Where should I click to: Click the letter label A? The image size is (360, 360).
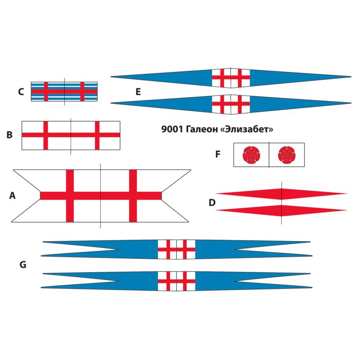tap(12, 195)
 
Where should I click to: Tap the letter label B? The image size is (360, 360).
tap(9, 134)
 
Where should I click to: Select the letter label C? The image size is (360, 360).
tap(21, 92)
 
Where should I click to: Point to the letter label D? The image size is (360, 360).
tap(212, 203)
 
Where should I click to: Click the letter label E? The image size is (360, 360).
tap(138, 92)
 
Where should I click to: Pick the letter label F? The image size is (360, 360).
tap(218, 154)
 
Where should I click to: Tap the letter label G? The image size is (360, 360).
tap(22, 265)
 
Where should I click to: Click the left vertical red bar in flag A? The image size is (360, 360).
tap(70, 196)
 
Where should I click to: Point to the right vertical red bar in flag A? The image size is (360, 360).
tap(133, 196)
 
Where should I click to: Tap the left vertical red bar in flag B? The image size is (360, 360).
tap(45, 135)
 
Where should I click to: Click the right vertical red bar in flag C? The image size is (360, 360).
tap(82, 91)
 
